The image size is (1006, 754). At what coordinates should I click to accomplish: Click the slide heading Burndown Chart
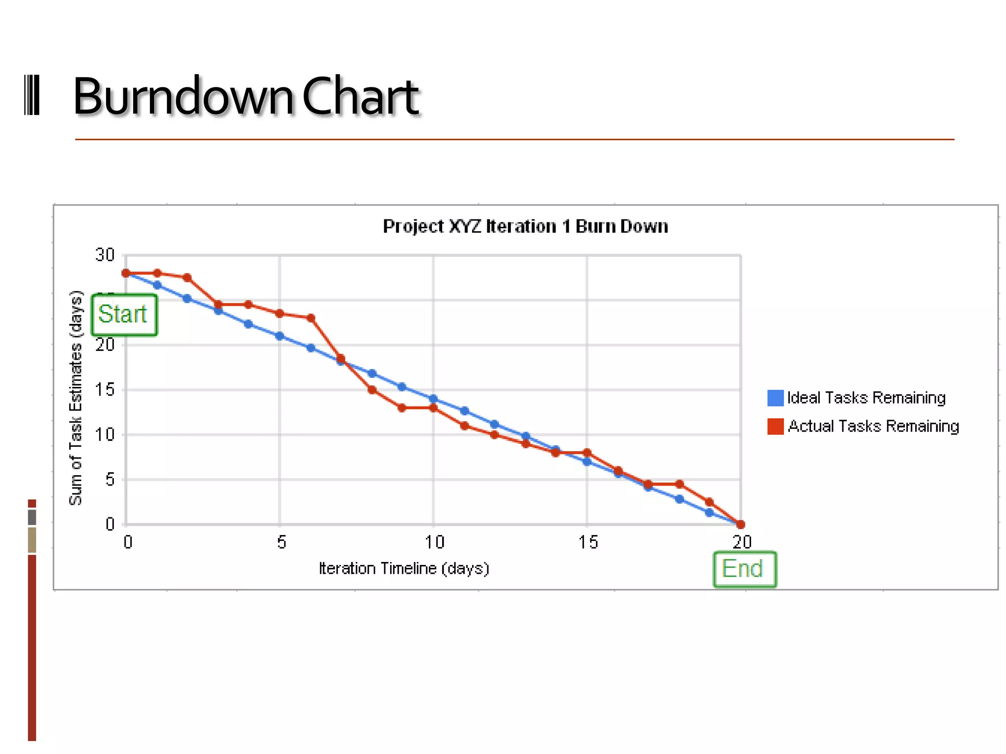coord(246,97)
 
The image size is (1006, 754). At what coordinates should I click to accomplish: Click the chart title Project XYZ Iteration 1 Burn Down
coord(525,226)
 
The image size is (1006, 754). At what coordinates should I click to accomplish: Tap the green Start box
coord(124,315)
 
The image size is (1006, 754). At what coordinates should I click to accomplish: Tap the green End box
coord(744,569)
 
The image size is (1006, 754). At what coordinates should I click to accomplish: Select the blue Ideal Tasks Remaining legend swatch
coord(775,398)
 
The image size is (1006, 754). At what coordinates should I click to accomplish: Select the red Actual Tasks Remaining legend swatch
coord(775,426)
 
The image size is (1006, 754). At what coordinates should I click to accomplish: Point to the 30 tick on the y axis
coord(105,255)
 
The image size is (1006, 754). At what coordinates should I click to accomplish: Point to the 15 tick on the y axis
coord(105,390)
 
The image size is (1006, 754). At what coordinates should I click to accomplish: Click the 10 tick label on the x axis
coord(434,542)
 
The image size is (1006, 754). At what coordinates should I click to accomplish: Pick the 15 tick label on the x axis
coord(587,542)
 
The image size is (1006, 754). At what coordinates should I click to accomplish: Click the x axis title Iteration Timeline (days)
coord(404,568)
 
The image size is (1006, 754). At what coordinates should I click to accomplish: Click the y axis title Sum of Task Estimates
coord(76,398)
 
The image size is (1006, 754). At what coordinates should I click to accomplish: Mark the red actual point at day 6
coord(311,318)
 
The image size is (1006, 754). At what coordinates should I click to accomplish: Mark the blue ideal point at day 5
coord(279,336)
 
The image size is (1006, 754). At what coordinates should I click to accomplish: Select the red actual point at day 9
coord(402,408)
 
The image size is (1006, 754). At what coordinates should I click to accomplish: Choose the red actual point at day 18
coord(679,484)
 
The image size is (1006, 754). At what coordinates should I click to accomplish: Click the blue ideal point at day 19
coord(709,512)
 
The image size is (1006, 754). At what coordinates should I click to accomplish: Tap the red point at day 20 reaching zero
coord(741,524)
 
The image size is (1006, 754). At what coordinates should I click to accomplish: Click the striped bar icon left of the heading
coord(32,95)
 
